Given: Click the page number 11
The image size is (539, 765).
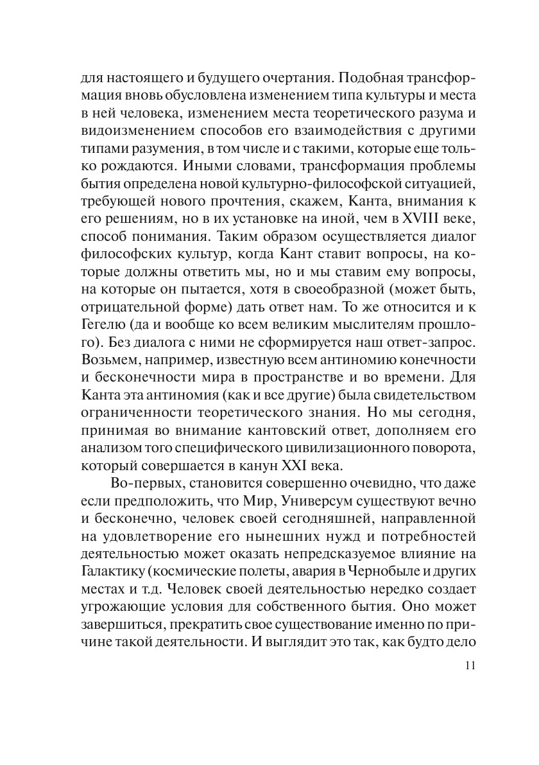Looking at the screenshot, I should coord(467,665).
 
